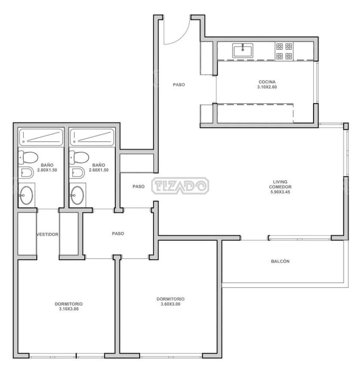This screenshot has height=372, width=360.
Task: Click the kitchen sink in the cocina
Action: pos(243,51)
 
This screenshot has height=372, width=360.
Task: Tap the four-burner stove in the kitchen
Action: pos(284,51)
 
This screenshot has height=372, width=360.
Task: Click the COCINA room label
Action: pos(267,82)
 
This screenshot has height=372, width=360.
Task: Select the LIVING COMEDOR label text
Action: pos(280,184)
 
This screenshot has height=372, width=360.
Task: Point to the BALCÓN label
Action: pos(280,261)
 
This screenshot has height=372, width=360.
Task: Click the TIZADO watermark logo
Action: pos(180,186)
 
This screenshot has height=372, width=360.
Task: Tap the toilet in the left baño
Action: pos(28,157)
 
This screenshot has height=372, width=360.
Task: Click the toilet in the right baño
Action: pos(79,157)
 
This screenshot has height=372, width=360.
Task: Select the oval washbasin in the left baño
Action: pos(26,195)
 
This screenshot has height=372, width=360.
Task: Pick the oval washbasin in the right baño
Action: pos(77,195)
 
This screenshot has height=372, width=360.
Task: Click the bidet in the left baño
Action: pos(26,173)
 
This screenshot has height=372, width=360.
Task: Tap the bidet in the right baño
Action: pos(76,173)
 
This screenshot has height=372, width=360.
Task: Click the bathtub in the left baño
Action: pos(41,137)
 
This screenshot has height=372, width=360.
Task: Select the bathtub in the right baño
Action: pos(92,137)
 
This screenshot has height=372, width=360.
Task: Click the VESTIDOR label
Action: pos(47,235)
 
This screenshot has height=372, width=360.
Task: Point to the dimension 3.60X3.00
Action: pos(171,304)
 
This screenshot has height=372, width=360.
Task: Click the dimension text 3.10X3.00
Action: pos(69,309)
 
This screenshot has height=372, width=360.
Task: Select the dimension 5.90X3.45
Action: pos(280,192)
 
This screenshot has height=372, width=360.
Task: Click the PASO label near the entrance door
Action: pos(179,85)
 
